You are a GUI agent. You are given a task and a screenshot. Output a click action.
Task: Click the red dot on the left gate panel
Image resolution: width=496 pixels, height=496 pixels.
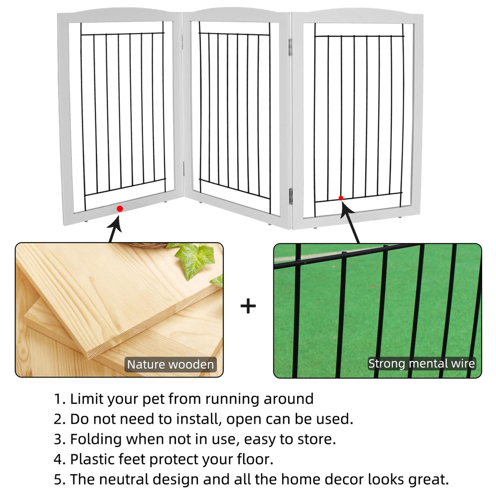120,208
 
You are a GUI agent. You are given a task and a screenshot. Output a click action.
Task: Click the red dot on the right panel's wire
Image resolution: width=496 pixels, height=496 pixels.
341,198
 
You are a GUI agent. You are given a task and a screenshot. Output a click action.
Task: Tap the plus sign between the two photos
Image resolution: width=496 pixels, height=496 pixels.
248,306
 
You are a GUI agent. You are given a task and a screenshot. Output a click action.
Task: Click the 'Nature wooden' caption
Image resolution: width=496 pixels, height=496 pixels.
171,365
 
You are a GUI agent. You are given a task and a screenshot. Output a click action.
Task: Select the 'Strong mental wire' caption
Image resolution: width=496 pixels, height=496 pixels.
421,364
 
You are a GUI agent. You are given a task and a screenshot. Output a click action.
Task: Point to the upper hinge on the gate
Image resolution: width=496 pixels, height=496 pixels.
290,47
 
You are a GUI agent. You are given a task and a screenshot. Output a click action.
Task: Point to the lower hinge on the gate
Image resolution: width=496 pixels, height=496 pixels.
290,196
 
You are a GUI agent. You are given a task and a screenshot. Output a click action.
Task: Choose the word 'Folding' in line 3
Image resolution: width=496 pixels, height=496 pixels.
96,439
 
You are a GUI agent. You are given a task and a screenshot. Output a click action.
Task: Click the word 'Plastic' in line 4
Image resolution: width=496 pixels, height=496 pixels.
92,459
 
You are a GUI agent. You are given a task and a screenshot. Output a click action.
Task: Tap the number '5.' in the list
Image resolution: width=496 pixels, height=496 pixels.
60,480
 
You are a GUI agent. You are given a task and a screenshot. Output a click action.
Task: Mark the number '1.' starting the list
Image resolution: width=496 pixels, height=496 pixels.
60,399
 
